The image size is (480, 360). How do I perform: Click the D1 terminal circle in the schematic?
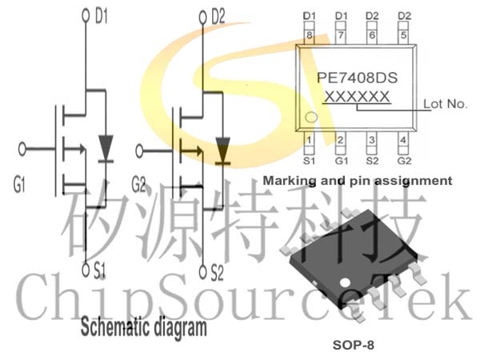click(86, 15)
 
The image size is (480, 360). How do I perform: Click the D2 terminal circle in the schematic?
click(202, 18)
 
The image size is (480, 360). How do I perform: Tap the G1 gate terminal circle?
click(22, 149)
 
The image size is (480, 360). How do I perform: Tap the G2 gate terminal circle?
click(139, 151)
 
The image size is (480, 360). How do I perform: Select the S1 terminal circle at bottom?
click(86, 270)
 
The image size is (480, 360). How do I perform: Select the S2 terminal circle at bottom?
click(202, 271)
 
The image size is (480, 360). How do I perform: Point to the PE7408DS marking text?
click(358, 78)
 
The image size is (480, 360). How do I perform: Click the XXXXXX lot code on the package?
click(357, 97)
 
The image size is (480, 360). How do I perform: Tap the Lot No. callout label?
click(445, 104)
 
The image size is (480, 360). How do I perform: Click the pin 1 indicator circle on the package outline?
click(311, 117)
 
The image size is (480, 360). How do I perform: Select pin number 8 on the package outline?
click(309, 35)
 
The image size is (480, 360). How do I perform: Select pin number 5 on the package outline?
click(404, 35)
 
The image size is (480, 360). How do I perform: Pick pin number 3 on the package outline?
click(372, 140)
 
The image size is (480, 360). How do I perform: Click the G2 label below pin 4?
click(404, 161)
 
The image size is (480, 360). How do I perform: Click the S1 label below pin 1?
click(309, 161)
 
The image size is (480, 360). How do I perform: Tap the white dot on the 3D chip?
click(346, 282)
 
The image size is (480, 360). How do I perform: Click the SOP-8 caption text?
click(354, 345)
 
